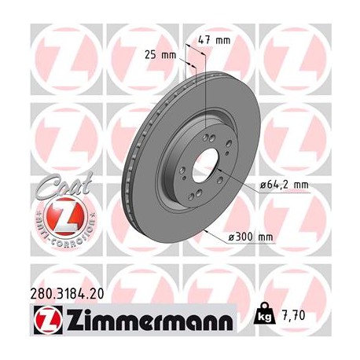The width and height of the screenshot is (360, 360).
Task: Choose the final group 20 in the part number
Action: tap(97, 294)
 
